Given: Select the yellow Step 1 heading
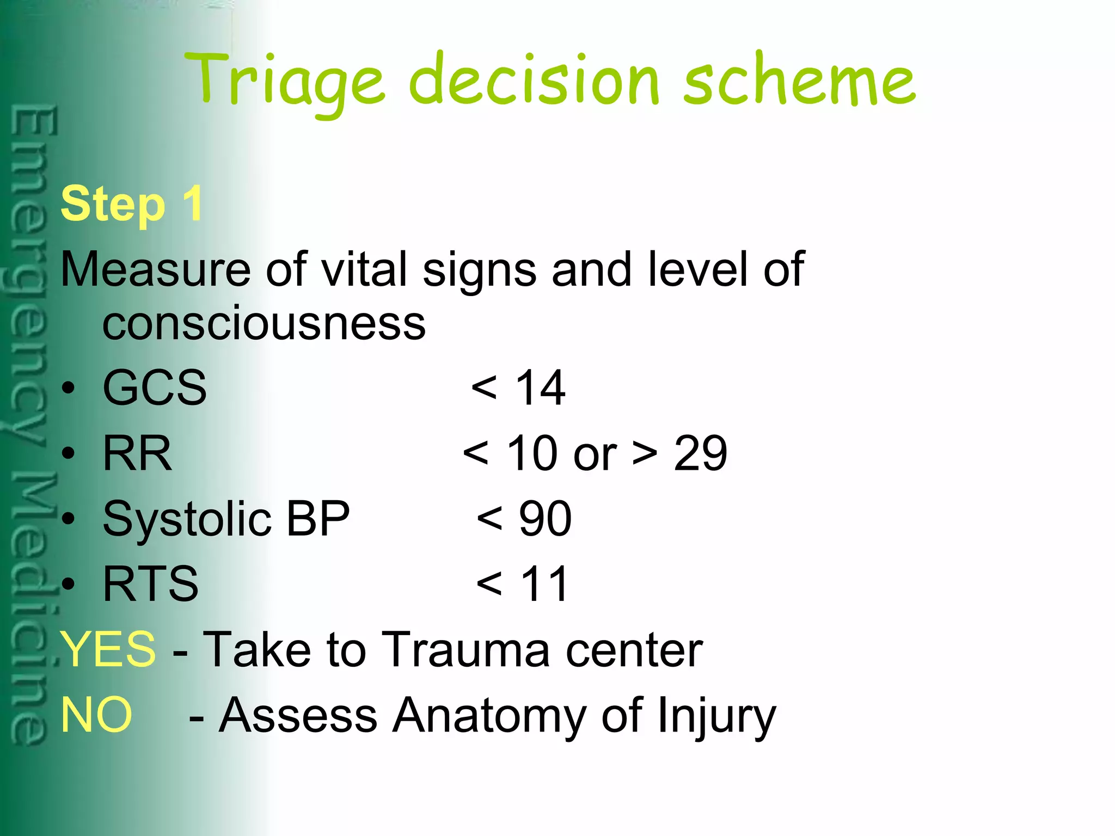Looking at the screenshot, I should coord(132,204).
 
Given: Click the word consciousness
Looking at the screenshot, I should coord(264,324).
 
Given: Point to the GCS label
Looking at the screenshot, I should coord(155,388).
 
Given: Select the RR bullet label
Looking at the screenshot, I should coord(137,453).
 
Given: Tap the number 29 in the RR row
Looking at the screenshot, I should coord(700,453).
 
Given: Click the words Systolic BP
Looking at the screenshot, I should coord(226,519).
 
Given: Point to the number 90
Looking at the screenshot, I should coord(545,519).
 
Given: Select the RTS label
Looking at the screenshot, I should coord(151,583).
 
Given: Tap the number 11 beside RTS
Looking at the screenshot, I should coord(544,583).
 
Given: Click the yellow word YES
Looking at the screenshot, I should coord(108,649).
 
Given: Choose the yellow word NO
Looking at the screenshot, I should coord(96,714).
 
